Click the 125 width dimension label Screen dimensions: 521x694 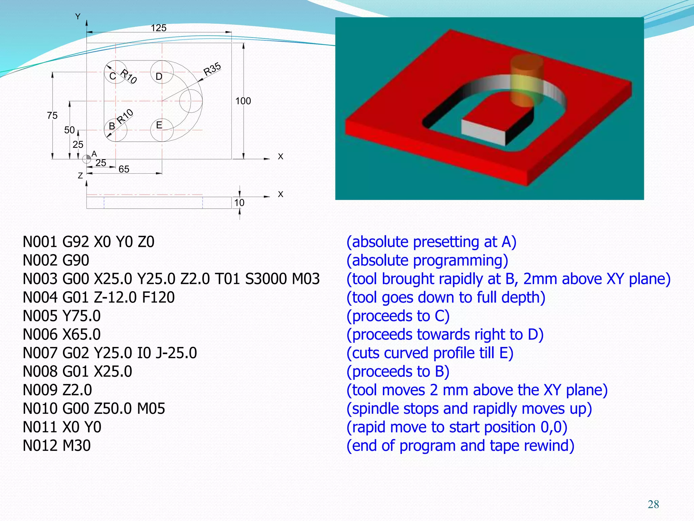(159, 28)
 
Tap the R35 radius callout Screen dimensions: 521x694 (212, 69)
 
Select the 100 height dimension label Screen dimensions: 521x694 (243, 101)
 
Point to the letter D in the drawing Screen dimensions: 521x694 (159, 77)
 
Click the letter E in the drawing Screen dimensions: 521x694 (159, 125)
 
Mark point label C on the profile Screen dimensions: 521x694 (113, 76)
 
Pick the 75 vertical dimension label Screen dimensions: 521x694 (52, 116)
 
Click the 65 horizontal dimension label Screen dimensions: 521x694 (124, 169)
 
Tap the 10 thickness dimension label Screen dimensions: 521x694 (239, 203)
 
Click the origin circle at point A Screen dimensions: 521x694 (87, 158)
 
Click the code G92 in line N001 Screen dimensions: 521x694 (75, 242)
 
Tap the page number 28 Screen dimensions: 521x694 (653, 505)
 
